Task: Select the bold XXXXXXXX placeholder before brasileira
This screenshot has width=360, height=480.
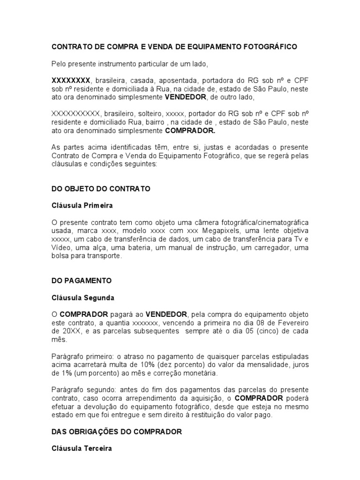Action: pos(70,81)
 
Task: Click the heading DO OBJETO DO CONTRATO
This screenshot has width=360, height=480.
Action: pos(100,189)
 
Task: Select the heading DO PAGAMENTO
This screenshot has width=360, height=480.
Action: pos(82,281)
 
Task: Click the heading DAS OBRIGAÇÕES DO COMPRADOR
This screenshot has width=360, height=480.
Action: pos(116,431)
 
